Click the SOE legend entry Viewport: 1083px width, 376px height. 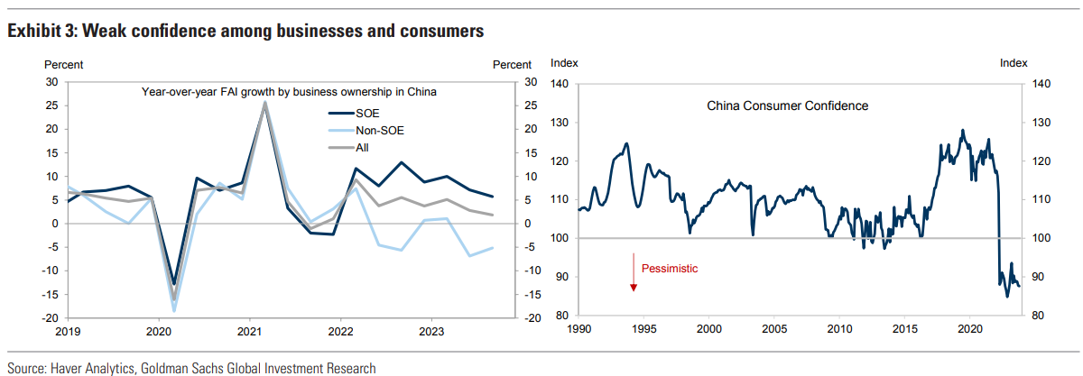(367, 113)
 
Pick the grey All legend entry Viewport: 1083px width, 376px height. (364, 148)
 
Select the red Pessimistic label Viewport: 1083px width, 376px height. (670, 269)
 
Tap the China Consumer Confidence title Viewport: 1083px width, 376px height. (787, 105)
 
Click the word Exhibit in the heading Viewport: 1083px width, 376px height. (35, 32)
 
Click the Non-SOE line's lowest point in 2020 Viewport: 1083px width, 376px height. (173, 310)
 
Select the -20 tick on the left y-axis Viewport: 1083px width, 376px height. (51, 317)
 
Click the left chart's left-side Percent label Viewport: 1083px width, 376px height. (64, 64)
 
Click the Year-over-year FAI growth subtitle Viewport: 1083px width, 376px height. (290, 91)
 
